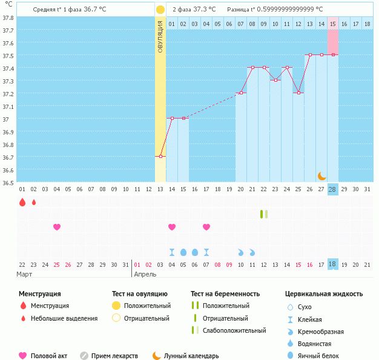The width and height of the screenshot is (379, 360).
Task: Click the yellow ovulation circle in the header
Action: click(160, 10)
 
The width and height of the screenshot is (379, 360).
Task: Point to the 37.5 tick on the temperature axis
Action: click(8, 56)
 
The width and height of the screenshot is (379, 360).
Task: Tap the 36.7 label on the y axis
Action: click(8, 157)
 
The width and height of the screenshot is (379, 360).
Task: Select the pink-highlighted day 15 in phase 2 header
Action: click(333, 24)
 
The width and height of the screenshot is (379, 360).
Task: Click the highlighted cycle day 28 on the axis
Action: click(332, 189)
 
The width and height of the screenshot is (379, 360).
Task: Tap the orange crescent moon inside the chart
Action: click(322, 175)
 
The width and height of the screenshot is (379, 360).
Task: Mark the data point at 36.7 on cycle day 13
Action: click(160, 157)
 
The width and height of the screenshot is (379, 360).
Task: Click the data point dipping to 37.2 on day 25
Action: click(298, 93)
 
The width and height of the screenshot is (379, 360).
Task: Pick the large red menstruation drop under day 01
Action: click(22, 202)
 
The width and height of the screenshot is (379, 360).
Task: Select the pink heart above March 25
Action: click(57, 227)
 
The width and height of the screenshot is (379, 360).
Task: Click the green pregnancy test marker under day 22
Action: click(263, 214)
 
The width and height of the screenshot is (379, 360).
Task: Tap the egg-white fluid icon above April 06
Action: click(194, 252)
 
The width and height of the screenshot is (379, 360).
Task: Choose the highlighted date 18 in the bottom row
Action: click(332, 264)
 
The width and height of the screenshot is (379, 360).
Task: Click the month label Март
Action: click(25, 274)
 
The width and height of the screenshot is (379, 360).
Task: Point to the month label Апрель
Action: click(145, 274)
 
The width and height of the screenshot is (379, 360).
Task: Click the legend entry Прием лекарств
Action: click(114, 356)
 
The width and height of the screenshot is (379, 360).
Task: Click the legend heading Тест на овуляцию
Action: click(143, 293)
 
